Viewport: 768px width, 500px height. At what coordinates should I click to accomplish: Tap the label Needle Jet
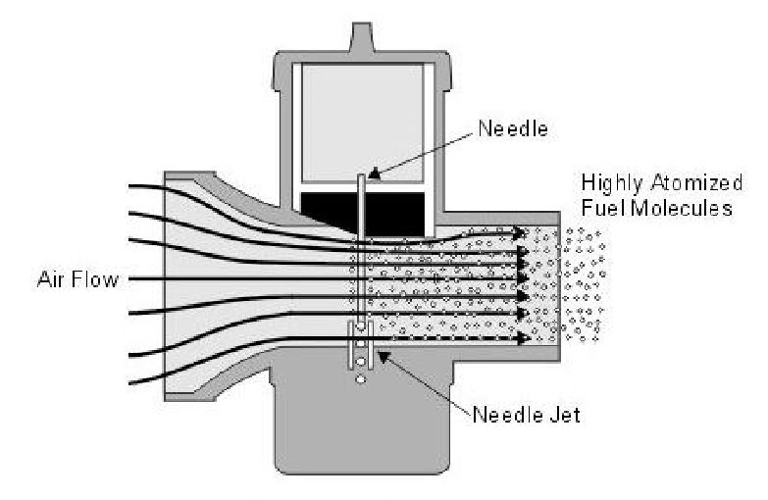point(527,414)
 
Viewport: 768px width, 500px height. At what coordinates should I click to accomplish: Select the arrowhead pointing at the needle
point(374,175)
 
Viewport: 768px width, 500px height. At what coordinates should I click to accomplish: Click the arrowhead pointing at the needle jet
point(382,357)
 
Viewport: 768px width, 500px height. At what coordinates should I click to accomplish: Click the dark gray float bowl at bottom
point(362,431)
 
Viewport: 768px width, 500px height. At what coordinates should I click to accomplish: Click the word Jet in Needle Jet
point(565,414)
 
